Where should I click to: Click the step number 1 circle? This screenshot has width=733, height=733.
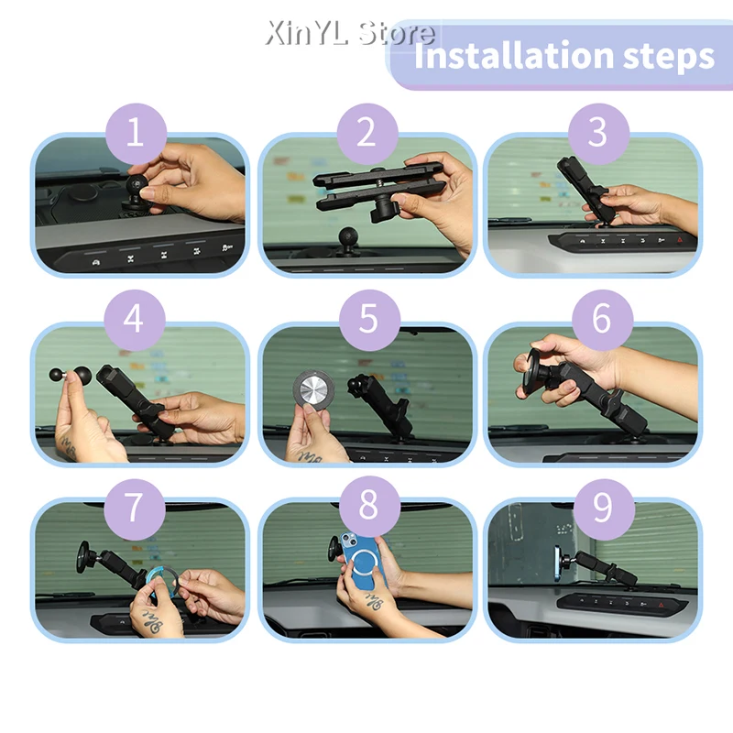pos(136,134)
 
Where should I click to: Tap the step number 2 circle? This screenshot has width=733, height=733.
pos(367,134)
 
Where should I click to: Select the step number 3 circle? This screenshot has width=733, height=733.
pos(598,134)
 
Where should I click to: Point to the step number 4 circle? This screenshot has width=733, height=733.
pos(135,320)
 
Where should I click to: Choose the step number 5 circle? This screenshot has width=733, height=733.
pos(369,320)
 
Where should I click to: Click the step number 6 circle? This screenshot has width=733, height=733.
pos(602,320)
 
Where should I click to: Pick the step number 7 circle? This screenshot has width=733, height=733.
pos(135,509)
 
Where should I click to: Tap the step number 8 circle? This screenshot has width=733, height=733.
pos(369,507)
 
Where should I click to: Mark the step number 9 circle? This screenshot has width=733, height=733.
pos(604,509)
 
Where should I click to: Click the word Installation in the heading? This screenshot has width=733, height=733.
pos(513,55)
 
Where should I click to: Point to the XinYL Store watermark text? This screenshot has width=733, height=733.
pos(350,33)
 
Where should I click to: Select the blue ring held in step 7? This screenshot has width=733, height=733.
pos(162,581)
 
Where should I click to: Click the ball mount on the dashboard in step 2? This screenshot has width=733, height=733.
pos(348,242)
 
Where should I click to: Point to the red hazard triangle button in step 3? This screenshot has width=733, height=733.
pos(679,240)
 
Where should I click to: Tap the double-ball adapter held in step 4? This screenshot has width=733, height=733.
pos(71,375)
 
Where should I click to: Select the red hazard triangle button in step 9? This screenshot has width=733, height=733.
pos(661,605)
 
